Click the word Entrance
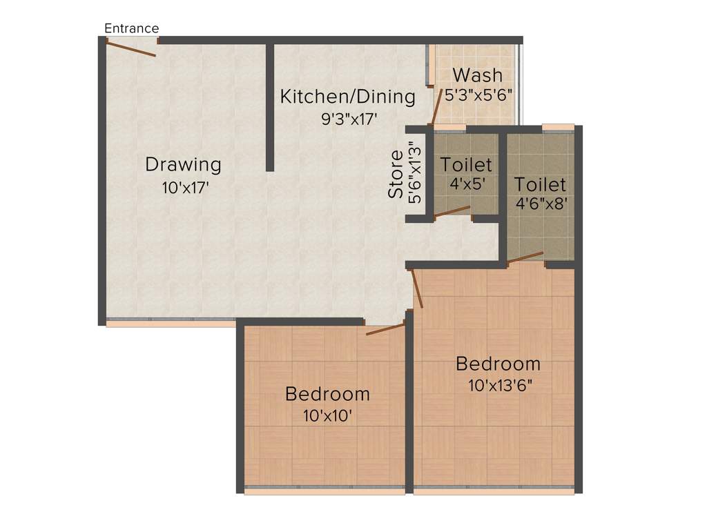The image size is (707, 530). click(131, 28)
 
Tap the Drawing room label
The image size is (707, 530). click(183, 165)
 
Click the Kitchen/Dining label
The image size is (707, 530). click(347, 97)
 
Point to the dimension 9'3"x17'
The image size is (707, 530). click(349, 119)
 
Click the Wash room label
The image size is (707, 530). click(477, 75)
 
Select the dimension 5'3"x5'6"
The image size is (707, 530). click(478, 95)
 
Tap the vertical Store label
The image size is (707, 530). click(396, 175)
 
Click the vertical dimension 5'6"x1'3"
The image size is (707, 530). click(414, 173)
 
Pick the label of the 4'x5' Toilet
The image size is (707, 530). click(467, 165)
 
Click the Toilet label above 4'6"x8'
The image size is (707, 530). click(540, 184)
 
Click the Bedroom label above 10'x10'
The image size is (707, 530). click(327, 394)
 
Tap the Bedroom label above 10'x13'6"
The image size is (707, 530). click(498, 364)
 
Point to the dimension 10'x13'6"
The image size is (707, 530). click(500, 385)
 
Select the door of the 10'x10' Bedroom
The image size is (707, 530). click(385, 329)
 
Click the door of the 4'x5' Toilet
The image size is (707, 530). click(452, 212)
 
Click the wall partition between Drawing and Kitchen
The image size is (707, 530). click(270, 107)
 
